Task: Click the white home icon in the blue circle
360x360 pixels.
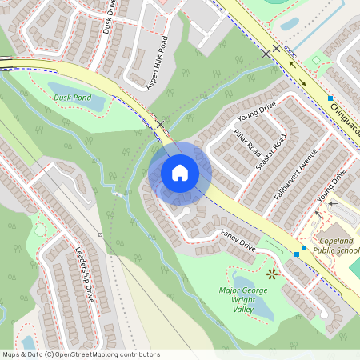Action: tap(180, 173)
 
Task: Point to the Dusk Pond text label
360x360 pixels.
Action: tap(70, 98)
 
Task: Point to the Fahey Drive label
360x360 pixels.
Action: tap(238, 242)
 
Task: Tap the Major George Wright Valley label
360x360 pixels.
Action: tap(242, 299)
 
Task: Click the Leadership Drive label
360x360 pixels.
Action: tap(85, 277)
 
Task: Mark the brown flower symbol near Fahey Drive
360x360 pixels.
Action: tap(272, 274)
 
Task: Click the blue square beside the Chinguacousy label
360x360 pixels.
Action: tap(330, 98)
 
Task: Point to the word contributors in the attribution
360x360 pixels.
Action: tap(140, 354)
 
